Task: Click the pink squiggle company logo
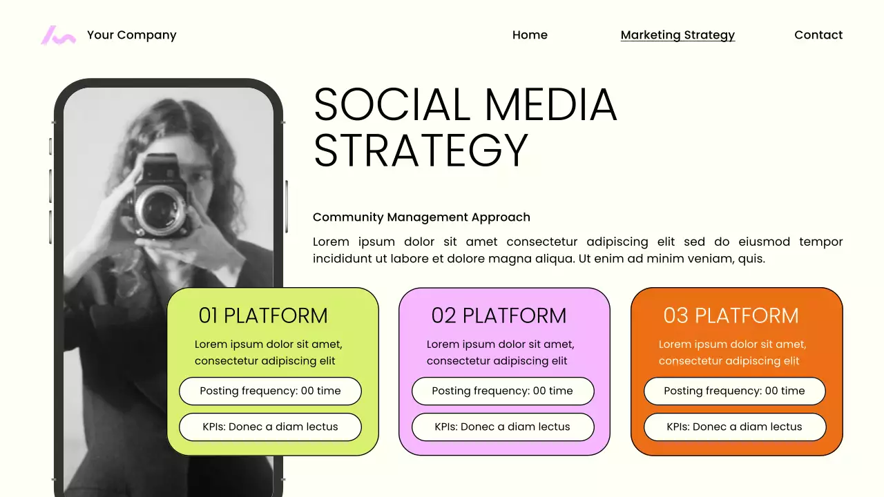(58, 35)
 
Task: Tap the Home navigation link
(530, 35)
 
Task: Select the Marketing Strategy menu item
(678, 35)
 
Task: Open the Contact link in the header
(818, 35)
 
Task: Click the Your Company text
(132, 35)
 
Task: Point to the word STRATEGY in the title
(421, 150)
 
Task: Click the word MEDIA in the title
(550, 106)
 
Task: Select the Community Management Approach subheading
(421, 217)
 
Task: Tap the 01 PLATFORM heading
(263, 315)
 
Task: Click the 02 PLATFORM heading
(499, 315)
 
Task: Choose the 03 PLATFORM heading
(731, 315)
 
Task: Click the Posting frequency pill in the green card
(270, 391)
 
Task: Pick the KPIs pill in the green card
(270, 427)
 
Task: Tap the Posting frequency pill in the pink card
(503, 391)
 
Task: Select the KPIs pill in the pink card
(503, 427)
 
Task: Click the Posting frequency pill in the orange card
(735, 391)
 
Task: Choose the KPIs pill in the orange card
(735, 427)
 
